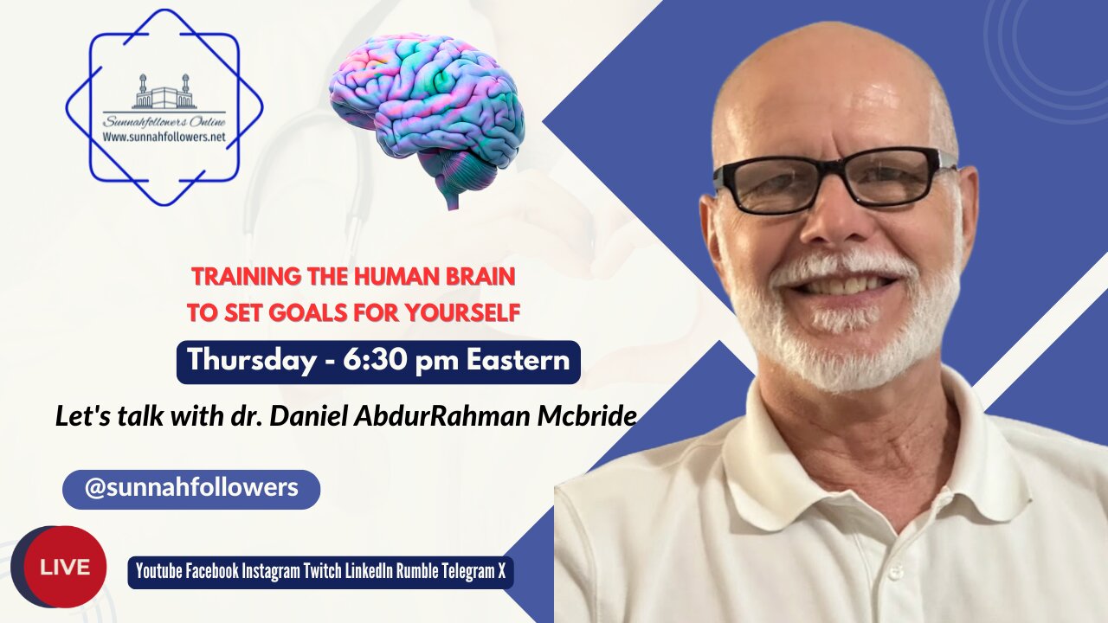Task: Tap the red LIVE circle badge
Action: [65, 567]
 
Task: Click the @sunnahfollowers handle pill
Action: [191, 488]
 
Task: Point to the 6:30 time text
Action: [374, 361]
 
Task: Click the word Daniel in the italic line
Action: [312, 416]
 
